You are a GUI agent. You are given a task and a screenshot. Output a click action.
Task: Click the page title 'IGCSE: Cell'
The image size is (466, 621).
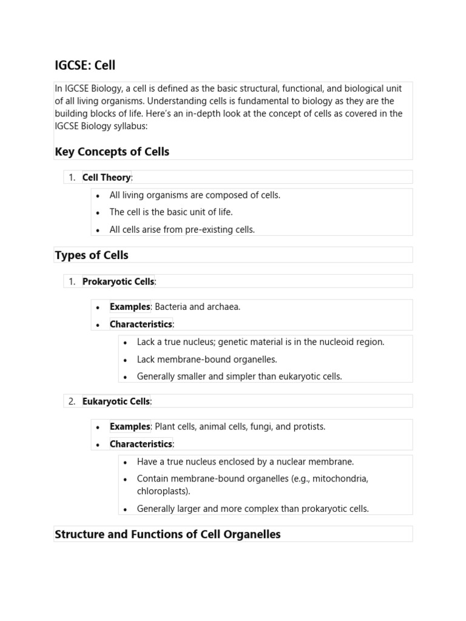(x=85, y=65)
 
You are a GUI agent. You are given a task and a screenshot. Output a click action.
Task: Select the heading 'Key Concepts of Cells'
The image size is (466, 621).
(x=112, y=152)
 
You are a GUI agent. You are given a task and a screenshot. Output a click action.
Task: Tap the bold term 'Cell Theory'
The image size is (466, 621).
(x=106, y=177)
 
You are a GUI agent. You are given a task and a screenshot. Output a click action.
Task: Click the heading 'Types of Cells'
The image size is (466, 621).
(x=92, y=255)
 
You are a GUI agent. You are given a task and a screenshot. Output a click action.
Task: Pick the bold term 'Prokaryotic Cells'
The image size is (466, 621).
(x=118, y=281)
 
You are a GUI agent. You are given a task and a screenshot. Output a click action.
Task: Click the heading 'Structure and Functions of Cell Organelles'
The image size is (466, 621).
(x=167, y=534)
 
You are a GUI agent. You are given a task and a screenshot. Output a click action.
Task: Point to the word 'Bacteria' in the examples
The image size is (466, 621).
(x=172, y=307)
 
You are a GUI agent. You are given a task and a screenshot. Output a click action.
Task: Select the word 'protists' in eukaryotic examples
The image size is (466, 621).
(x=309, y=427)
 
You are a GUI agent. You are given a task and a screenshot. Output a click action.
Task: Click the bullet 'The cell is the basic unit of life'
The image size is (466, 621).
(x=171, y=212)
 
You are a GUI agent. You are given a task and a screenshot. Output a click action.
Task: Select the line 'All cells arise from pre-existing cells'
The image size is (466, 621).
(x=182, y=230)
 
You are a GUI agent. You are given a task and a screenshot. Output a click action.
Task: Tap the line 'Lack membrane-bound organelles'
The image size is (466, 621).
(x=207, y=359)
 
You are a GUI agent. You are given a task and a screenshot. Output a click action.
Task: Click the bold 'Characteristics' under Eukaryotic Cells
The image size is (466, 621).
(x=141, y=444)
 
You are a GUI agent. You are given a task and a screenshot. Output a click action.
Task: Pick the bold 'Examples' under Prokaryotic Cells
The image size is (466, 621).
(x=129, y=307)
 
